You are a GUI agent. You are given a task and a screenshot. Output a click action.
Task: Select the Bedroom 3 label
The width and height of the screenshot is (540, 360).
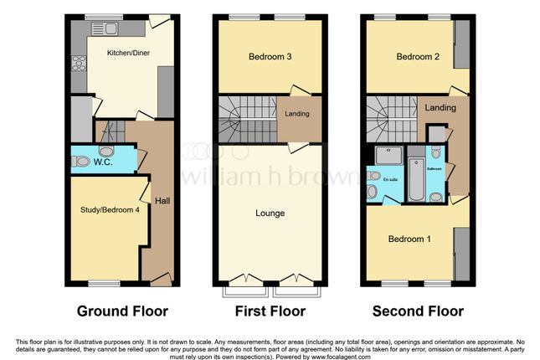click(270, 57)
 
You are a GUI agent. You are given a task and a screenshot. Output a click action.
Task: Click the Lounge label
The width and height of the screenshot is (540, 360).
click(270, 213)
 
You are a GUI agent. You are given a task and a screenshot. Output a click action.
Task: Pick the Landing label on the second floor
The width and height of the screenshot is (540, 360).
click(440, 108)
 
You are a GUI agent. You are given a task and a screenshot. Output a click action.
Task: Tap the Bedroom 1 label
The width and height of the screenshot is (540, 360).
click(410, 239)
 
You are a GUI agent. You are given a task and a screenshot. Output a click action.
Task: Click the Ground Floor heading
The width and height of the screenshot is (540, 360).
click(122, 311)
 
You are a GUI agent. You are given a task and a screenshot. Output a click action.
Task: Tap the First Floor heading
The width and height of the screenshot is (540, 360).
click(269, 311)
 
